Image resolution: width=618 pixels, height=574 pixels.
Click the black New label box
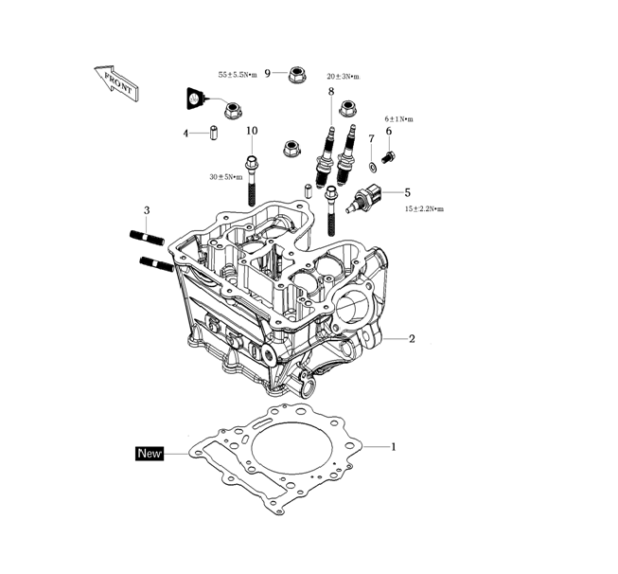(x=150, y=454)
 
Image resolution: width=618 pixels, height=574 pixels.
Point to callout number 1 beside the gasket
(x=394, y=445)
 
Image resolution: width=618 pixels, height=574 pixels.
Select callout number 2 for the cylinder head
(x=412, y=338)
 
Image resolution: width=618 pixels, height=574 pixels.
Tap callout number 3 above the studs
(x=147, y=209)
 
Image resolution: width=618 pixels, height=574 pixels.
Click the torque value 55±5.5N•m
(x=238, y=74)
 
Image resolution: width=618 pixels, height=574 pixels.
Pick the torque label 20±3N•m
(x=343, y=76)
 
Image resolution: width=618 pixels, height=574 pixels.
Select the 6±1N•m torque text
(x=398, y=118)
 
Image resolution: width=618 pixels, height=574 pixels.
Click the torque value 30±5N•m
(x=226, y=176)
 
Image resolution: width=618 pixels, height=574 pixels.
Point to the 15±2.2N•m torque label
(x=424, y=208)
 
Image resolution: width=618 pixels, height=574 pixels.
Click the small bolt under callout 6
(x=389, y=155)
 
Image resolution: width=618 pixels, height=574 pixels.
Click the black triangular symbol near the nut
(x=194, y=98)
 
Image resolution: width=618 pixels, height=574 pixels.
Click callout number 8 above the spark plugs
(x=330, y=91)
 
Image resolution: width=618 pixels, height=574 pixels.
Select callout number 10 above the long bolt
(x=252, y=131)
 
